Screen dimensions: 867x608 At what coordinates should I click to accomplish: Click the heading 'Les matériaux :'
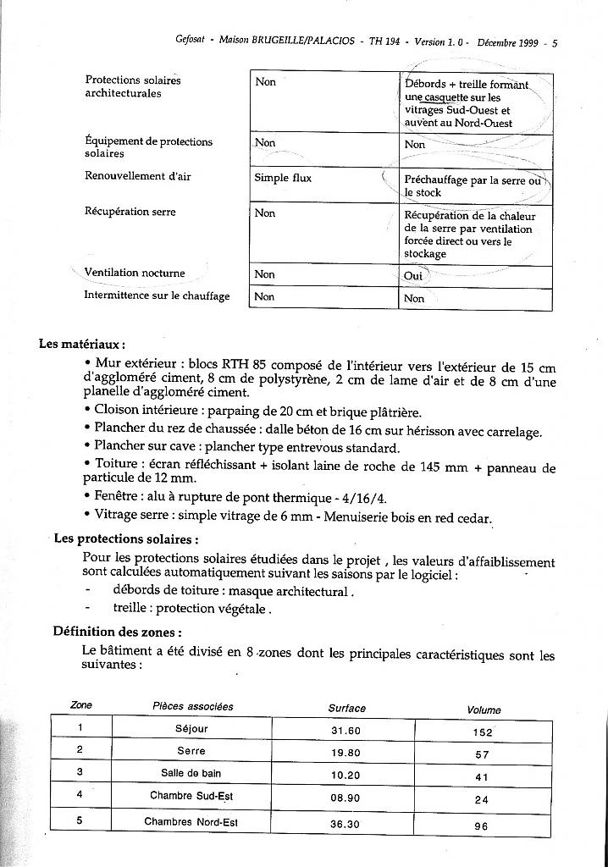(x=81, y=345)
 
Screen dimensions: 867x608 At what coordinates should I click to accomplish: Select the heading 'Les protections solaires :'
(x=126, y=538)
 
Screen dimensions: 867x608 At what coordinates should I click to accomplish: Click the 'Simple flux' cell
(x=283, y=179)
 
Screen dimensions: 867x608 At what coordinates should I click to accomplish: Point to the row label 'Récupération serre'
(x=130, y=212)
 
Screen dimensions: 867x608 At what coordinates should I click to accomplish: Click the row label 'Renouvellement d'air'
(x=140, y=176)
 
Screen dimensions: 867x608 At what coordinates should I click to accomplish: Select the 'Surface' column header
(x=347, y=708)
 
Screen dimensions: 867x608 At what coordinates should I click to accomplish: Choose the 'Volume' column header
(x=484, y=710)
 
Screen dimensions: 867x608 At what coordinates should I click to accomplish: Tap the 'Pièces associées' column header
(x=193, y=706)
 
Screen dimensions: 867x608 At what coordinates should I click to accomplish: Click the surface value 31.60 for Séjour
(x=345, y=731)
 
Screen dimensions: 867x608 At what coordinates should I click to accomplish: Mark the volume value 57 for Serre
(x=481, y=754)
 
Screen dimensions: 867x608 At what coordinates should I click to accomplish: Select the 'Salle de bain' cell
(x=191, y=773)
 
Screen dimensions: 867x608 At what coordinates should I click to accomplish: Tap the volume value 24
(x=481, y=799)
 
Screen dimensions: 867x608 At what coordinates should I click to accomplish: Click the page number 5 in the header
(x=555, y=41)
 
